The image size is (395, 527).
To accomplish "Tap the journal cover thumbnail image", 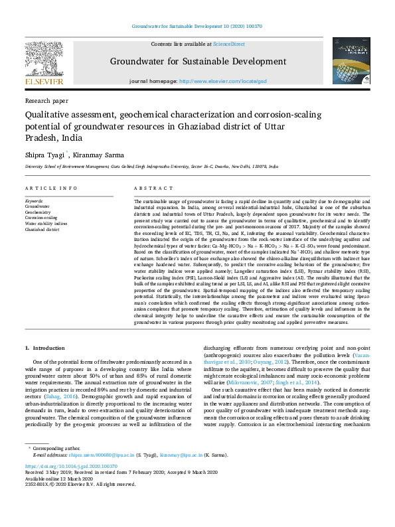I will [351, 60].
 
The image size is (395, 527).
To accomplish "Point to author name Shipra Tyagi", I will [43, 154].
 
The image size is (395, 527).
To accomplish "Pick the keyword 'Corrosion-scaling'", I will [41, 218].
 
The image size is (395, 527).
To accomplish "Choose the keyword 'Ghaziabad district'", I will [42, 230].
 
